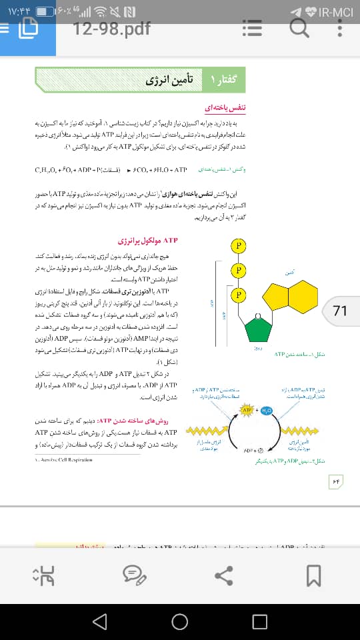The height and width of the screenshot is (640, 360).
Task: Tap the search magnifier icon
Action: pos(299,27)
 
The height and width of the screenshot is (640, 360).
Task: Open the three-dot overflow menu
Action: pos(341,27)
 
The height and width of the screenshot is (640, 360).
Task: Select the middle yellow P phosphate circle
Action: pos(237,270)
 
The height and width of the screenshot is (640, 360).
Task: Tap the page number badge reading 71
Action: pos(340,311)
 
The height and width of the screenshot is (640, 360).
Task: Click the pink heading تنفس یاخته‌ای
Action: pos(225,107)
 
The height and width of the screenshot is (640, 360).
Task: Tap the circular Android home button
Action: pos(179,621)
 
